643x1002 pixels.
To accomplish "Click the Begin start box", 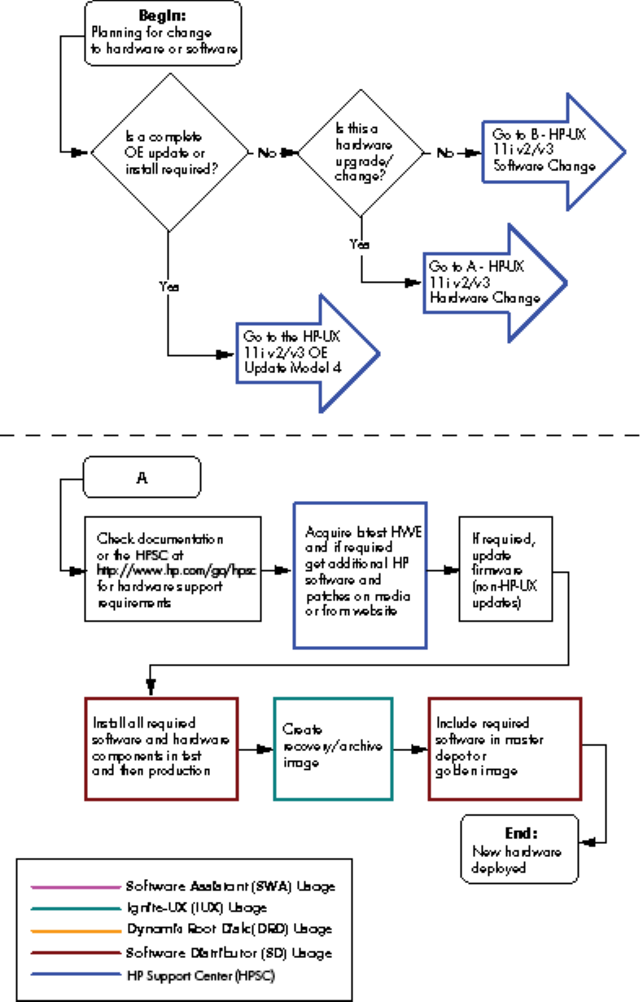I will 163,32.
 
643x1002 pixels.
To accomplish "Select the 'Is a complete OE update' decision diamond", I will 169,152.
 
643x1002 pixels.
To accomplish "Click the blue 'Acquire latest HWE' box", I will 360,574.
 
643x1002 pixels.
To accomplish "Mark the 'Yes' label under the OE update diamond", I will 168,287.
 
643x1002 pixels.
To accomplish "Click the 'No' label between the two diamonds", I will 266,152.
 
